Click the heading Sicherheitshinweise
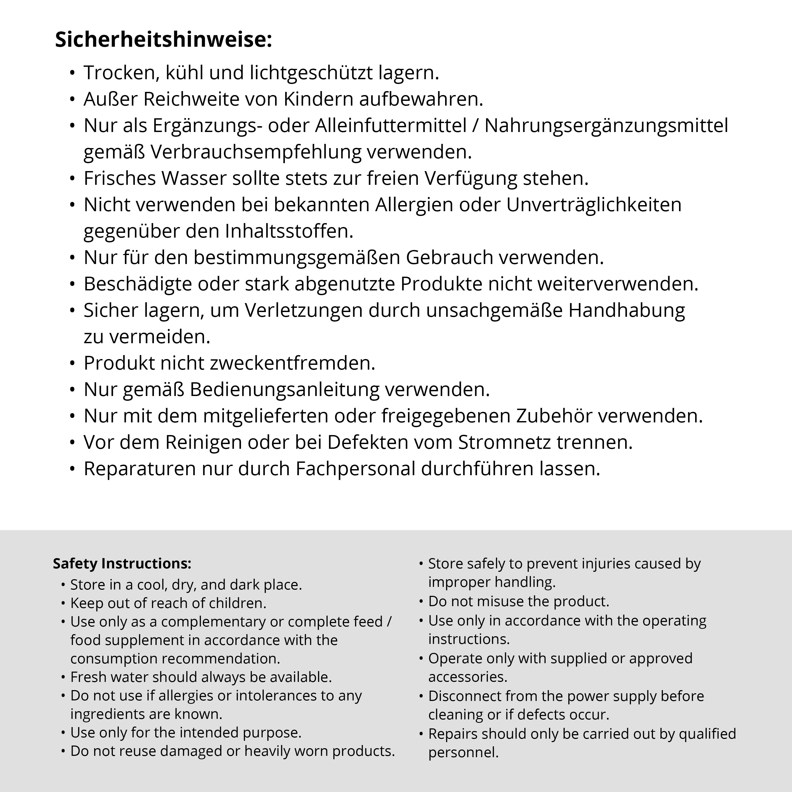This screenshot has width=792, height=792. (163, 40)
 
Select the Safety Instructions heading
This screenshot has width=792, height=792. (122, 563)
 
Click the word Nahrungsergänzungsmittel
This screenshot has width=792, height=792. (606, 125)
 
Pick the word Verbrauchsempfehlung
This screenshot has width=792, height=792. (256, 152)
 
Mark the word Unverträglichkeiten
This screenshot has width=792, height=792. (593, 205)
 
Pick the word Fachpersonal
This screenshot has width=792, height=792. (355, 469)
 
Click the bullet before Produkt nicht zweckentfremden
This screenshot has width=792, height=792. (73, 363)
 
